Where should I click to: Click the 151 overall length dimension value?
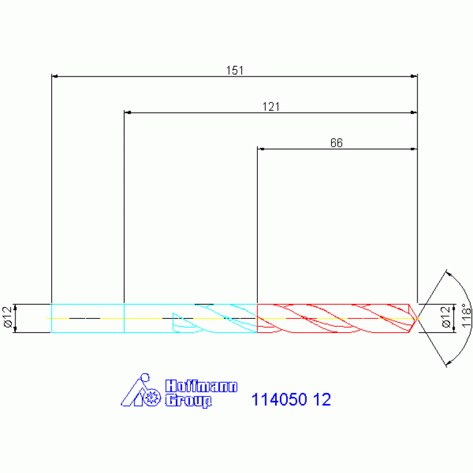(x=235, y=70)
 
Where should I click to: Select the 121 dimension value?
(x=271, y=107)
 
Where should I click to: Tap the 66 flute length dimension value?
(x=336, y=142)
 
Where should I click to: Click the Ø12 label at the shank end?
(x=7, y=317)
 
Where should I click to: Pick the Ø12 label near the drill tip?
(x=446, y=317)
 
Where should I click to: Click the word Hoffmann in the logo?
(x=201, y=386)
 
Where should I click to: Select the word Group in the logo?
(x=189, y=401)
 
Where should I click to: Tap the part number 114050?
(x=279, y=400)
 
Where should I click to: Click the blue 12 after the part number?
(x=322, y=400)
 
